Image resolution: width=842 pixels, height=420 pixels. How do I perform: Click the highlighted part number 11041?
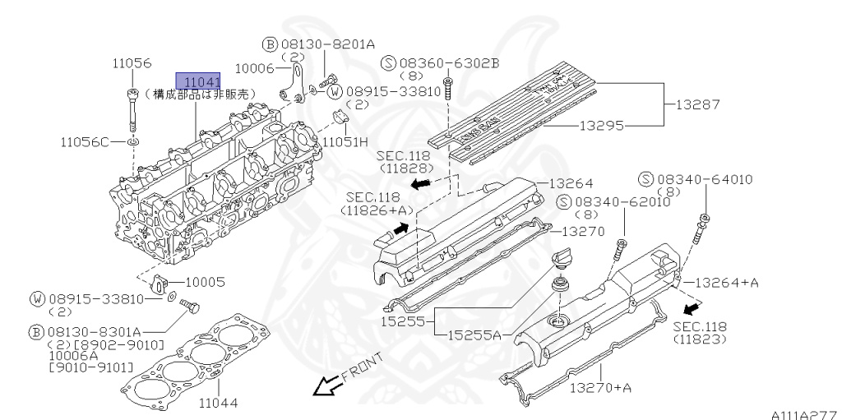click(197, 81)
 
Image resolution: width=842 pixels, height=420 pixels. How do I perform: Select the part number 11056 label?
click(132, 62)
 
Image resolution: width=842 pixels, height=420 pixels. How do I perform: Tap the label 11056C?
click(84, 141)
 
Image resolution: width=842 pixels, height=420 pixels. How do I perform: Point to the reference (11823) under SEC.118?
click(699, 339)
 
